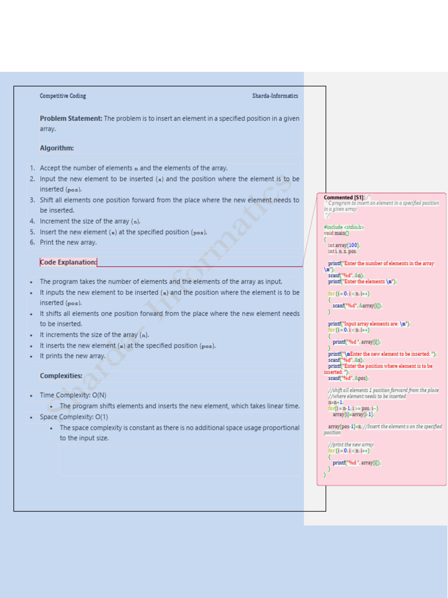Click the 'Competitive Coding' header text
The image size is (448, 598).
(62, 96)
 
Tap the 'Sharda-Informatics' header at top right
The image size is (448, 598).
(275, 96)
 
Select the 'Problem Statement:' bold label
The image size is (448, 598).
(71, 119)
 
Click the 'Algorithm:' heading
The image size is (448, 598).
(57, 148)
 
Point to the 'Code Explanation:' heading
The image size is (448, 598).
(68, 262)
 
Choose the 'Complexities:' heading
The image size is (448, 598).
(61, 376)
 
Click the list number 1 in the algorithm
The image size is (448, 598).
(32, 168)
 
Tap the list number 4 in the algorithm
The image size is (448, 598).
(32, 221)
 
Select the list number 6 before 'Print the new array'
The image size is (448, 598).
(32, 242)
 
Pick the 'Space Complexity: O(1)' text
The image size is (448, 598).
(73, 417)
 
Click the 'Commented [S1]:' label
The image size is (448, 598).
(344, 197)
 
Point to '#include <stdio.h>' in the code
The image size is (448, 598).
(344, 227)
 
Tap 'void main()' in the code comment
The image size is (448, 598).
(337, 233)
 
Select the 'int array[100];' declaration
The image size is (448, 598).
(344, 245)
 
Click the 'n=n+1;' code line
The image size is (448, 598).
(335, 402)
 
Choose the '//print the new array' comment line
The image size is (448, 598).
(351, 444)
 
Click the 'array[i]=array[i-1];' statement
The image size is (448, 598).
(353, 414)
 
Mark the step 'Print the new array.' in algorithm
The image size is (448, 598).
(68, 242)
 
